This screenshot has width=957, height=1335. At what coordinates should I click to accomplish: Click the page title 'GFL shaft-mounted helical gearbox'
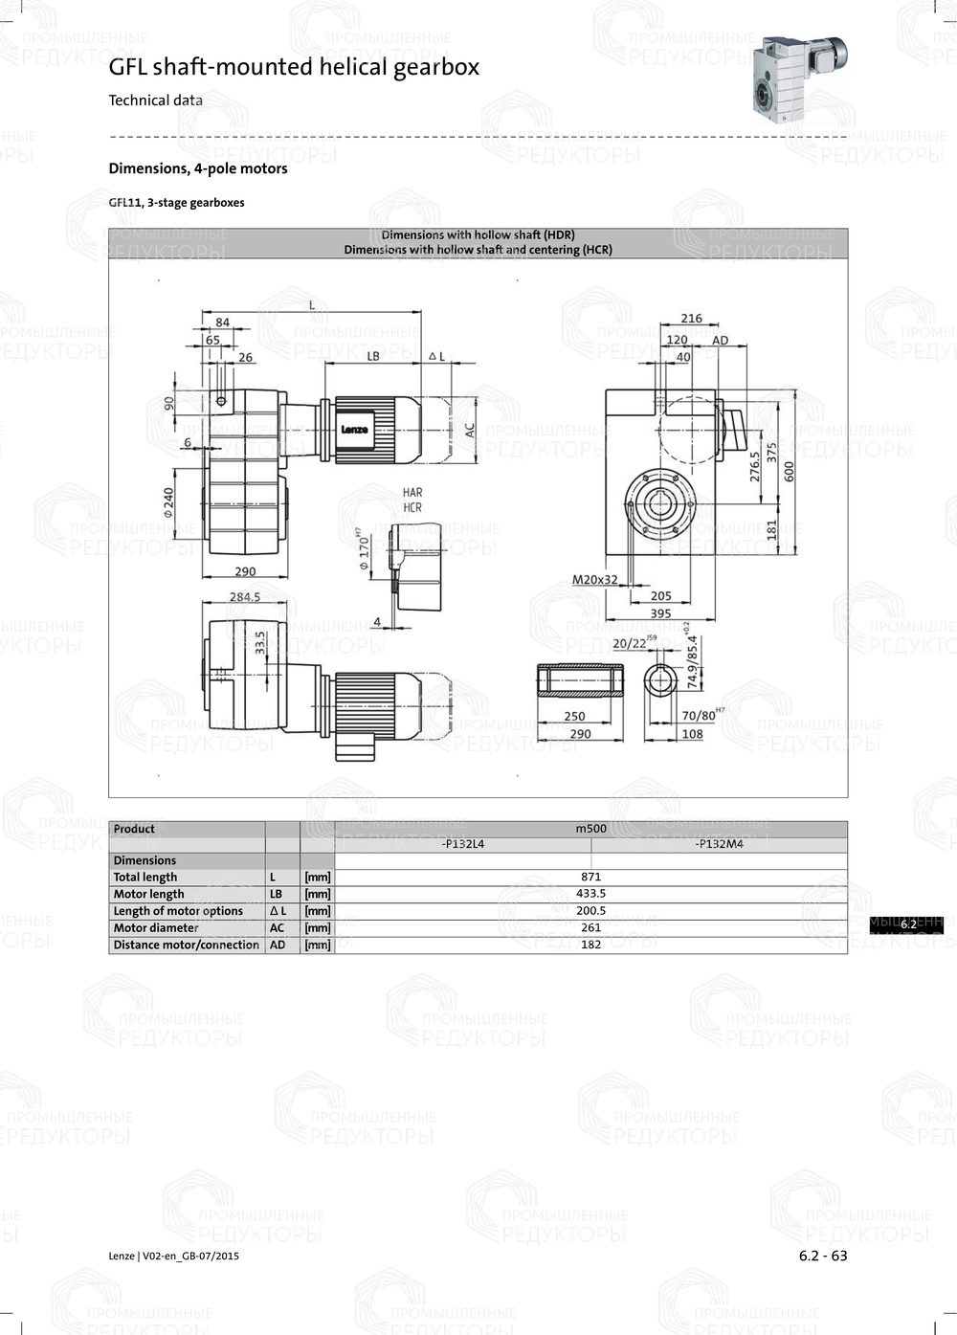click(x=294, y=67)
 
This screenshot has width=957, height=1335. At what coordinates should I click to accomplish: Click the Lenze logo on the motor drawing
click(x=354, y=430)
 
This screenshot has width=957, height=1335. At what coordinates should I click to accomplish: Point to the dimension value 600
click(x=790, y=471)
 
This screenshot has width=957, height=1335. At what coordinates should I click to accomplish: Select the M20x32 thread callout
click(x=594, y=580)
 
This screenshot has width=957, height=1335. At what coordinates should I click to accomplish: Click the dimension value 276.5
click(x=754, y=466)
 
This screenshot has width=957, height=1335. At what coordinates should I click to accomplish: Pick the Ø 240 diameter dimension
click(x=168, y=502)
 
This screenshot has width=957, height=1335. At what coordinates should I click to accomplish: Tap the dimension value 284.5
click(x=244, y=596)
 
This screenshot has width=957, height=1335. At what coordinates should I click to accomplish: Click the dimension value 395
click(x=660, y=613)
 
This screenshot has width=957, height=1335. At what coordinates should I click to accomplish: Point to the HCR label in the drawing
click(x=412, y=507)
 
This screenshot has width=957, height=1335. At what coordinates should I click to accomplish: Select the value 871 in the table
click(x=590, y=877)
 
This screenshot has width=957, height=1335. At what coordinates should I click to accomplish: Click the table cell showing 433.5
click(x=590, y=894)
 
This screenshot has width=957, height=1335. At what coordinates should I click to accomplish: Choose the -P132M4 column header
click(x=719, y=844)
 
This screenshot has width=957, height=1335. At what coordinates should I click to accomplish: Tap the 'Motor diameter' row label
click(x=156, y=927)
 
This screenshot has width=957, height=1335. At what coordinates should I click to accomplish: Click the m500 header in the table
click(x=590, y=829)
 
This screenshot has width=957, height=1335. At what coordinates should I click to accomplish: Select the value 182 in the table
click(x=590, y=945)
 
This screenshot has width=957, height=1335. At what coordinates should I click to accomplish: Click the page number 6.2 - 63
click(x=823, y=1256)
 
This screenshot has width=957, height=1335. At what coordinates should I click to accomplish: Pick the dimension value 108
click(x=692, y=734)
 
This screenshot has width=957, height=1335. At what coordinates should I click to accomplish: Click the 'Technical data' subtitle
click(x=155, y=100)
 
